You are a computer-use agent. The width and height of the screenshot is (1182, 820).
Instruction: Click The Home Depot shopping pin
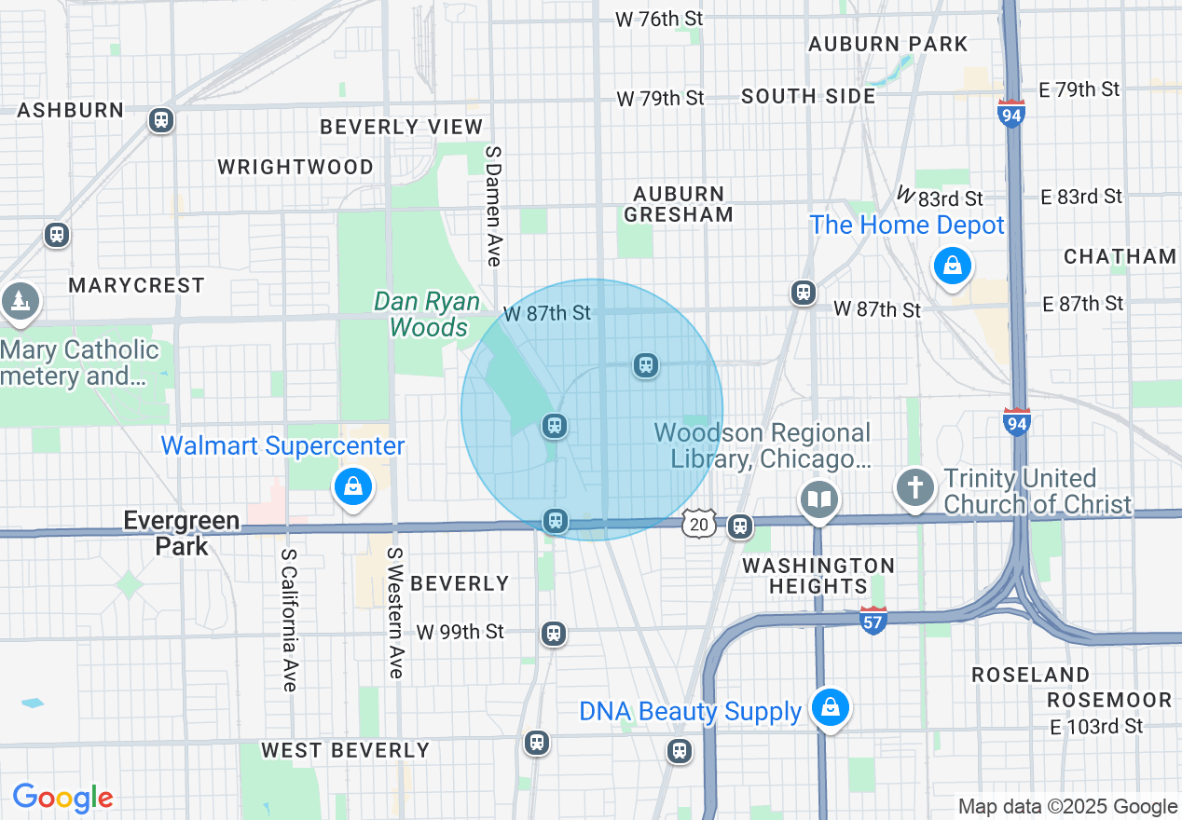click(952, 266)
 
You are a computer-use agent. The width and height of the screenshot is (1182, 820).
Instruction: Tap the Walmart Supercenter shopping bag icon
click(352, 486)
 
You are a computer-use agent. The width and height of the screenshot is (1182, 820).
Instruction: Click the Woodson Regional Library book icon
click(819, 500)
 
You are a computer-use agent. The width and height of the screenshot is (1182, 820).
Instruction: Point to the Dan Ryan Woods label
click(427, 315)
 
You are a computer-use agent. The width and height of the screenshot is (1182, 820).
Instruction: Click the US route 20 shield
click(698, 524)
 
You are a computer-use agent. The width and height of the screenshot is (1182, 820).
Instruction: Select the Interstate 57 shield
click(873, 621)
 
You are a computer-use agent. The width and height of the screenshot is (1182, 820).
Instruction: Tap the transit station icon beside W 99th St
click(554, 635)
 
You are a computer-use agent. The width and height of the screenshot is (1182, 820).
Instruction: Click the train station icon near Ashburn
click(161, 120)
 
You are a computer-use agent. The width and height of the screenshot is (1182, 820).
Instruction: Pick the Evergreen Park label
click(182, 533)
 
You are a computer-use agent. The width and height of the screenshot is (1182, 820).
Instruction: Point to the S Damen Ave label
click(493, 204)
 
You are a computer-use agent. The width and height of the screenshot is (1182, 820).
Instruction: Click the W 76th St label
click(659, 19)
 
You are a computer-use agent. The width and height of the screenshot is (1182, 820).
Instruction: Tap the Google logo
click(63, 798)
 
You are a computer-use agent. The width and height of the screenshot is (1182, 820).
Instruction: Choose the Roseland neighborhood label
click(1030, 675)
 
